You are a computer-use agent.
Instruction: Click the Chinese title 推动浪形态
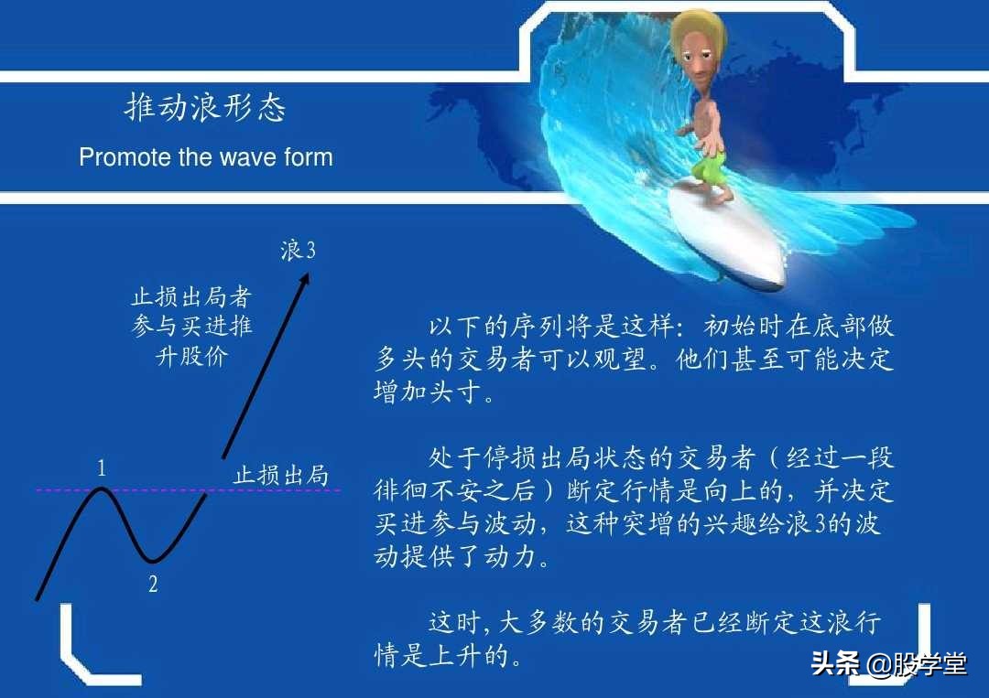205,108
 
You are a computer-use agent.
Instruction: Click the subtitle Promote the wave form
205,157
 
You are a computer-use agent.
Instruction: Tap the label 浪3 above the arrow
299,251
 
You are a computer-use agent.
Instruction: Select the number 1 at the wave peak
102,469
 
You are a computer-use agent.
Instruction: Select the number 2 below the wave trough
153,584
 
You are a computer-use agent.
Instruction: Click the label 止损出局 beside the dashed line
281,475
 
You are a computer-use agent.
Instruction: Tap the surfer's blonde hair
696,32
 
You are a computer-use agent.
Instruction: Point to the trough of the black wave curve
153,560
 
